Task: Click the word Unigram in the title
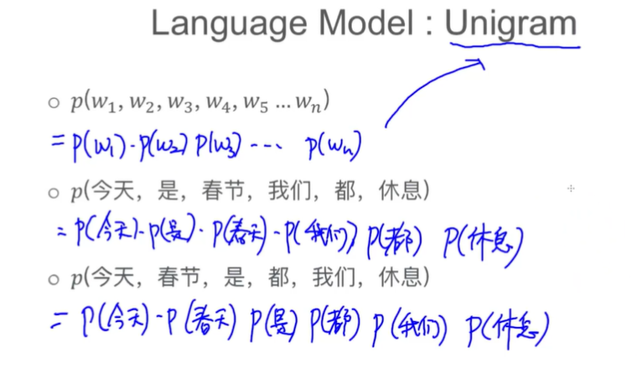(511, 23)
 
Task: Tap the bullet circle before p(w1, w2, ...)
(54, 103)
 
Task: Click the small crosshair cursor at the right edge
(571, 189)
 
